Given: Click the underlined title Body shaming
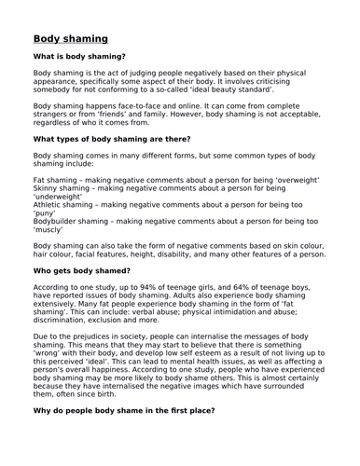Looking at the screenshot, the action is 70,39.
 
